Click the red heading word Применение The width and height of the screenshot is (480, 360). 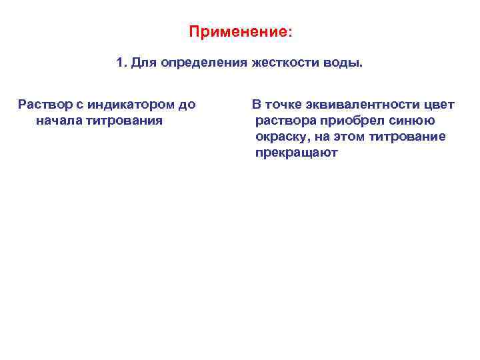[x=238, y=32]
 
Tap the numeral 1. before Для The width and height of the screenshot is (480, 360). [x=121, y=63]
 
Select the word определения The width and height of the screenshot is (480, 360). [x=204, y=63]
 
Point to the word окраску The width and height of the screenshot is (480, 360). [x=281, y=137]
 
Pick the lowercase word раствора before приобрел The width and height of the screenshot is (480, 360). [x=285, y=121]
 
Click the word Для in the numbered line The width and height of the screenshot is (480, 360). [x=143, y=63]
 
